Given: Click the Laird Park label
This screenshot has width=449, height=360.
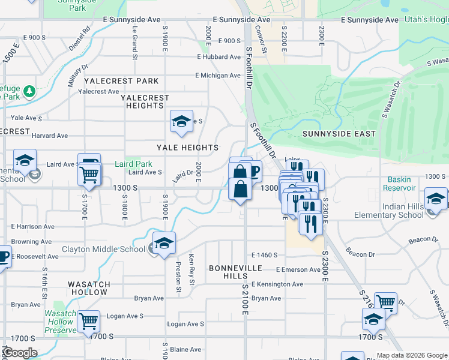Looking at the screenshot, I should [133, 164].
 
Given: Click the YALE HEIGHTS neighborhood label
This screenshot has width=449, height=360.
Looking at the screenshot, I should [187, 148].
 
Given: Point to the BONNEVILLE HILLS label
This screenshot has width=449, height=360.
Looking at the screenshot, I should [228, 271].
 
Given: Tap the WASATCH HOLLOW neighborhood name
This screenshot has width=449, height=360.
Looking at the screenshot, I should [88, 289].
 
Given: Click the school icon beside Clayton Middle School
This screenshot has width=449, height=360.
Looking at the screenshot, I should [163, 244].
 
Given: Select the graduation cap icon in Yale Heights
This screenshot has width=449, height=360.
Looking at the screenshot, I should [181, 122].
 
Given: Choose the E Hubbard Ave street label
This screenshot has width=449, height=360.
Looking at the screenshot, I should [219, 57].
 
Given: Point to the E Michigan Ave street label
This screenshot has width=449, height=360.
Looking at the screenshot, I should [217, 76].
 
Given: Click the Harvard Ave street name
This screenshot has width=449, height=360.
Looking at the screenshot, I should [46, 136].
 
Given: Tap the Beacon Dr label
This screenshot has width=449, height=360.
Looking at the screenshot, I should [360, 254].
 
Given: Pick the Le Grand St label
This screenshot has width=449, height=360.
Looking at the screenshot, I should [135, 38].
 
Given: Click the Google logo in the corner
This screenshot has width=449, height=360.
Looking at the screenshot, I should [20, 353].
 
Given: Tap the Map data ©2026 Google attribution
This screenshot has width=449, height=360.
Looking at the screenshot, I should [412, 355].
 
